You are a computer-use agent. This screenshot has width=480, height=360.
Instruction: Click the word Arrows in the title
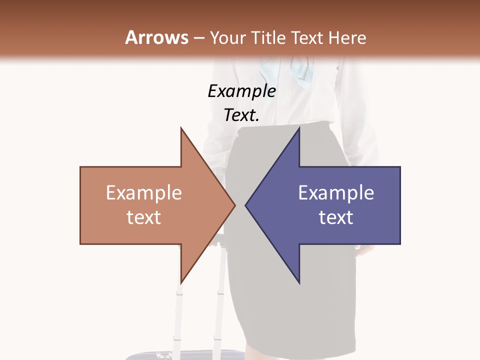coord(156,37)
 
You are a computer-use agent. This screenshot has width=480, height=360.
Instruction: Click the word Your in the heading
coord(227,37)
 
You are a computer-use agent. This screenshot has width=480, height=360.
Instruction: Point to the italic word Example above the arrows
coord(242,91)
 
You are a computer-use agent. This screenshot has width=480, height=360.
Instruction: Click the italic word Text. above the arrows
coord(242,115)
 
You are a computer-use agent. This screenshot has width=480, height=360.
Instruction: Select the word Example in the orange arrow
coord(144,193)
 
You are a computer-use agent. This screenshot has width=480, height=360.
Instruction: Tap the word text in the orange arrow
coord(144,217)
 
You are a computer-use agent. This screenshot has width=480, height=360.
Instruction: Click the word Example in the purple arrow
coord(336,193)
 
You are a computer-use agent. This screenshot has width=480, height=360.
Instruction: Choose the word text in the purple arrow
coord(336,217)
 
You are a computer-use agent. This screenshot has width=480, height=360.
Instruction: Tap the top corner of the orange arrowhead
coord(181,128)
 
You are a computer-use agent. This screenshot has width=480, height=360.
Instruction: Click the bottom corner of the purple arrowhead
coord(299,282)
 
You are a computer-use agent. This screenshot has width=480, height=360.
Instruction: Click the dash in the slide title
coord(198,38)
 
